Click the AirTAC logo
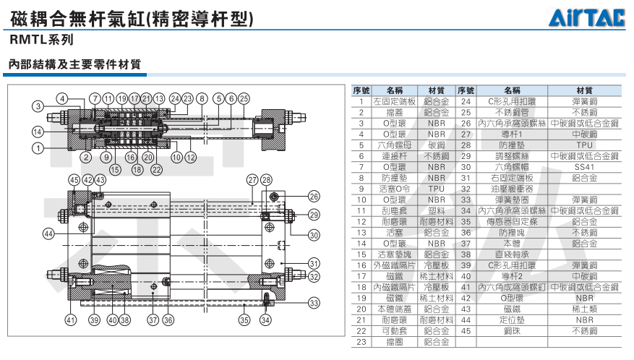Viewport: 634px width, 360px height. (x=591, y=18)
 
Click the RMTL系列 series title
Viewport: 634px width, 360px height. (x=43, y=40)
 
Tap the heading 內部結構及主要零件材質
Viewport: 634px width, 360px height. (x=74, y=64)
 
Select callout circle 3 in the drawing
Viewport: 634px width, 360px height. (x=38, y=107)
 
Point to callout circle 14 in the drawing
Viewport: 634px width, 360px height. (x=38, y=131)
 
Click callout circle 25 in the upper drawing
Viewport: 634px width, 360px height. (x=244, y=98)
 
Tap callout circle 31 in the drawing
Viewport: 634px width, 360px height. (x=314, y=262)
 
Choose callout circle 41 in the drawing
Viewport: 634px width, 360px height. (x=71, y=320)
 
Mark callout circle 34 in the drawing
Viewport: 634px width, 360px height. (x=265, y=320)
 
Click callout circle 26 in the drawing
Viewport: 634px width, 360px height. (x=314, y=196)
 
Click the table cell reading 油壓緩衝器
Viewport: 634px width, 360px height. (x=512, y=189)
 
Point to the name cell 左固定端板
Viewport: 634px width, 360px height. (x=394, y=101)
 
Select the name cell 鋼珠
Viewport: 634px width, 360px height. (x=512, y=330)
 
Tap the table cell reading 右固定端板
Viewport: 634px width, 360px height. (x=512, y=177)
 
